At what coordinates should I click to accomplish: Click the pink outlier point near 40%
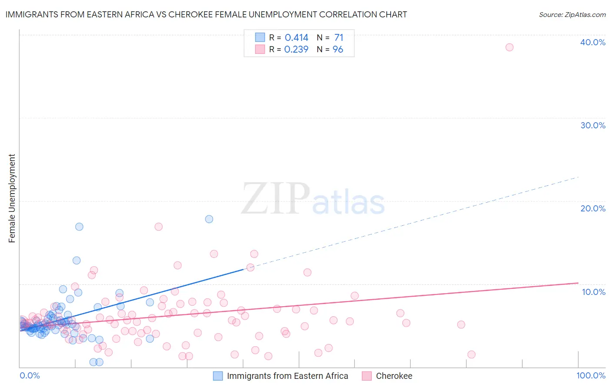[x=509, y=47]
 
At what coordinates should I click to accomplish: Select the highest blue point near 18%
[x=209, y=219]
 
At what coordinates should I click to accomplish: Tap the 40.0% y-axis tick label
[x=593, y=42]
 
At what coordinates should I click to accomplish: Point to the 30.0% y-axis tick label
[x=593, y=125]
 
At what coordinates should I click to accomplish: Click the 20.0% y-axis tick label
[x=593, y=208]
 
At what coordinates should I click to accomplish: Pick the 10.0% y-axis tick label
[x=594, y=292]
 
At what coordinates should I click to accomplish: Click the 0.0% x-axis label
[x=30, y=375]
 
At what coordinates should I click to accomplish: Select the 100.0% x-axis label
[x=591, y=375]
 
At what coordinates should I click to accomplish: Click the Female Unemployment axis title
[x=12, y=198]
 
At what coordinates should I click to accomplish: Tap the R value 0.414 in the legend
[x=296, y=38]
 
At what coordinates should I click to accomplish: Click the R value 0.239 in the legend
[x=296, y=50]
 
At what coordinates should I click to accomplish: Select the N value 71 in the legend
[x=339, y=38]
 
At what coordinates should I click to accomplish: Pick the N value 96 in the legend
[x=338, y=50]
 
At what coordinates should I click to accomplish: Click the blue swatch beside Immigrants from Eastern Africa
[x=218, y=376]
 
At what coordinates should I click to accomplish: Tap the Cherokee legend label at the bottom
[x=394, y=376]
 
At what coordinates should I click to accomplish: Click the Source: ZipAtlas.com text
[x=572, y=14]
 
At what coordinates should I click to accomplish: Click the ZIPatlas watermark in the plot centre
[x=313, y=199]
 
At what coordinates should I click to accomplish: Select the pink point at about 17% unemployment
[x=159, y=227]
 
